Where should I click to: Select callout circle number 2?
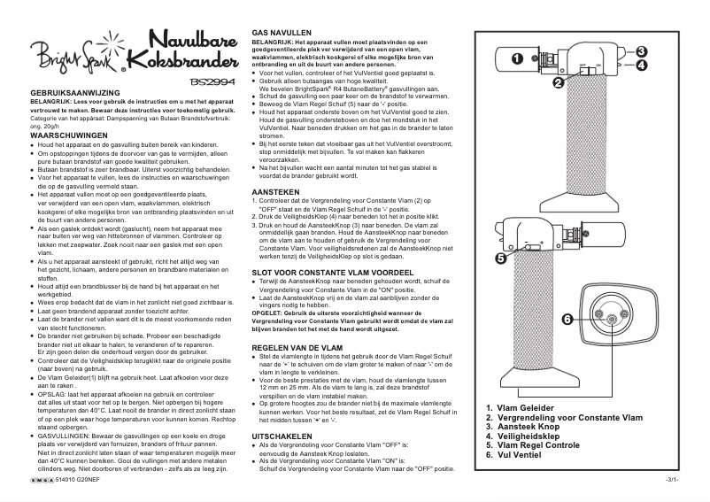559,83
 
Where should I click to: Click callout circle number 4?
641,65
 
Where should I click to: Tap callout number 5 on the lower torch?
500,259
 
